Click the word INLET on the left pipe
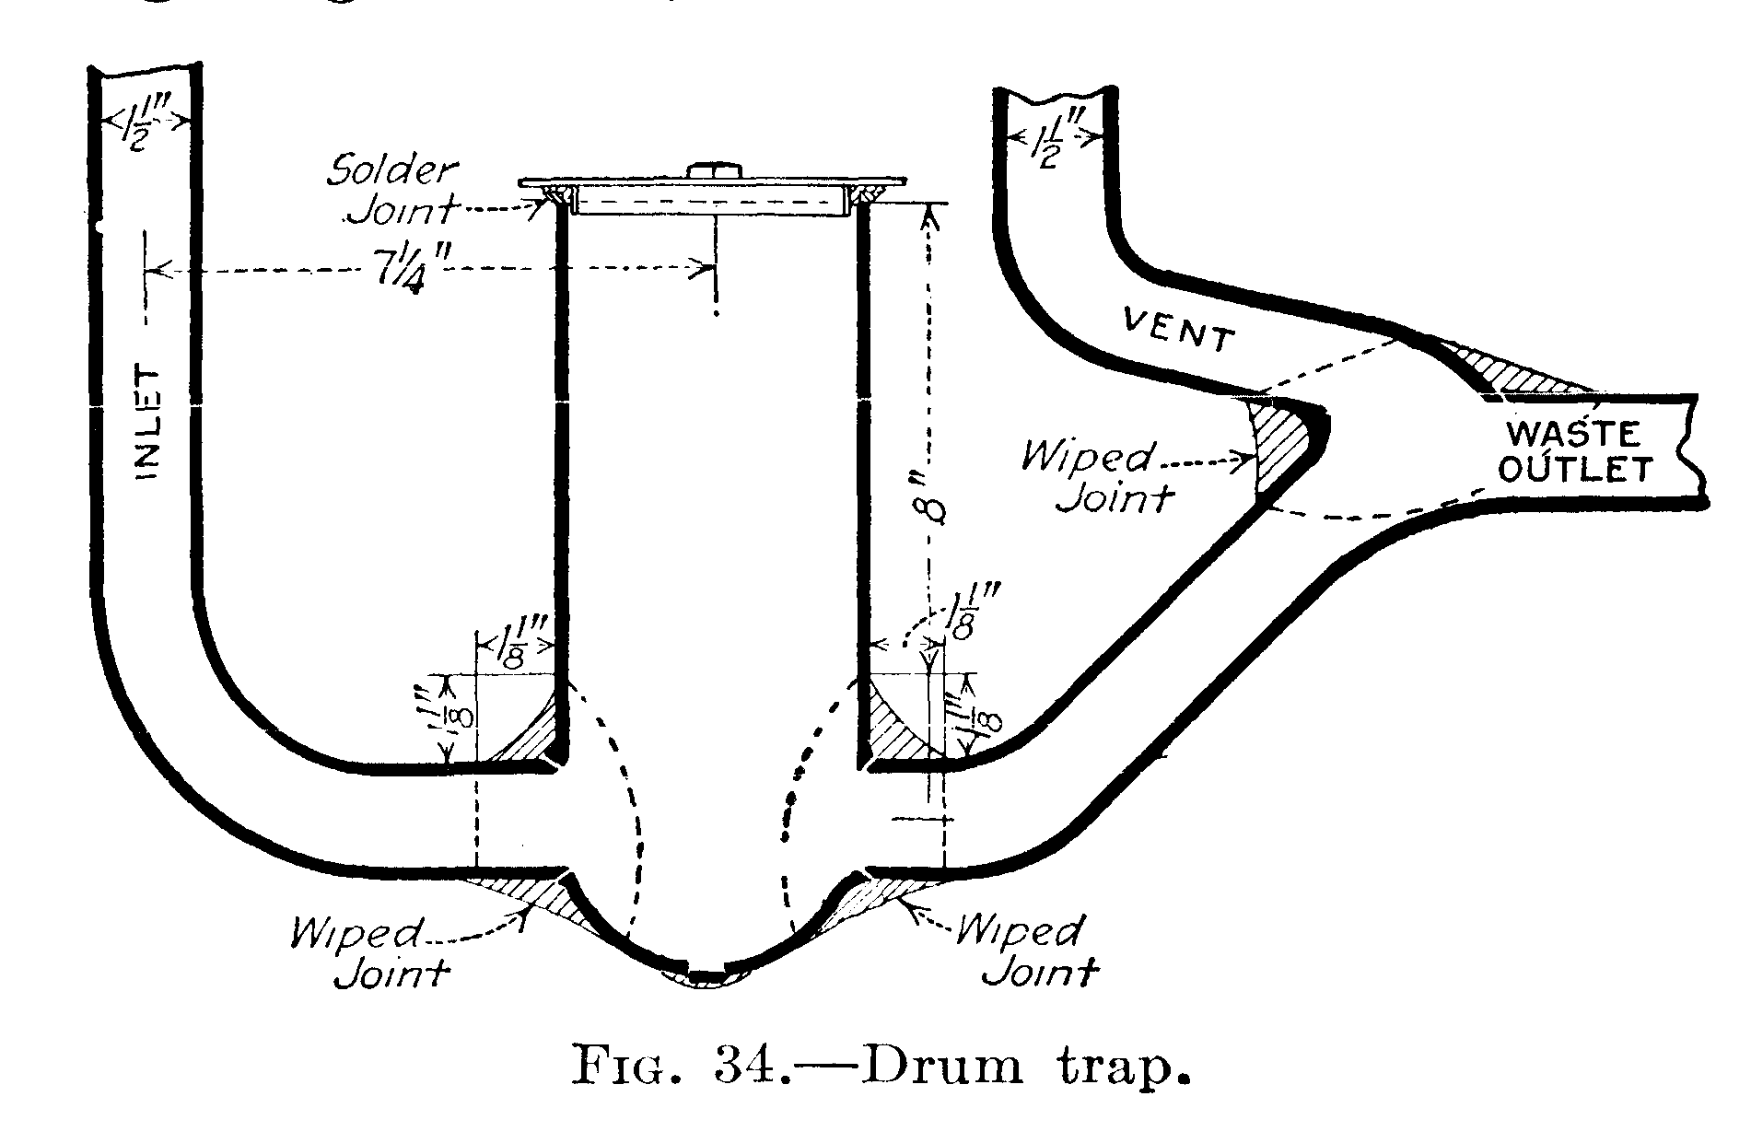[148, 424]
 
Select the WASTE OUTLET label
[1571, 452]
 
